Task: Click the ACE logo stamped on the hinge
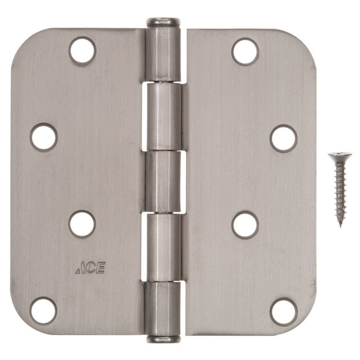[x=90, y=268]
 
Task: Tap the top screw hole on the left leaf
[x=82, y=51]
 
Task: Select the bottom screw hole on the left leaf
[x=43, y=310]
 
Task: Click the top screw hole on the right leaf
[x=245, y=51]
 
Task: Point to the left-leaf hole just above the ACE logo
[x=82, y=224]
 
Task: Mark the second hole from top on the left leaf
[x=44, y=137]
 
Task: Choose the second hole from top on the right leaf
[x=283, y=138]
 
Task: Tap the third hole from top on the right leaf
[x=245, y=225]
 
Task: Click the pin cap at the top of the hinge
[x=162, y=22]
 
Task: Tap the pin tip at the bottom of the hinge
[x=163, y=339]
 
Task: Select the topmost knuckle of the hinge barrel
[x=162, y=54]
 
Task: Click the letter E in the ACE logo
[x=101, y=268]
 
